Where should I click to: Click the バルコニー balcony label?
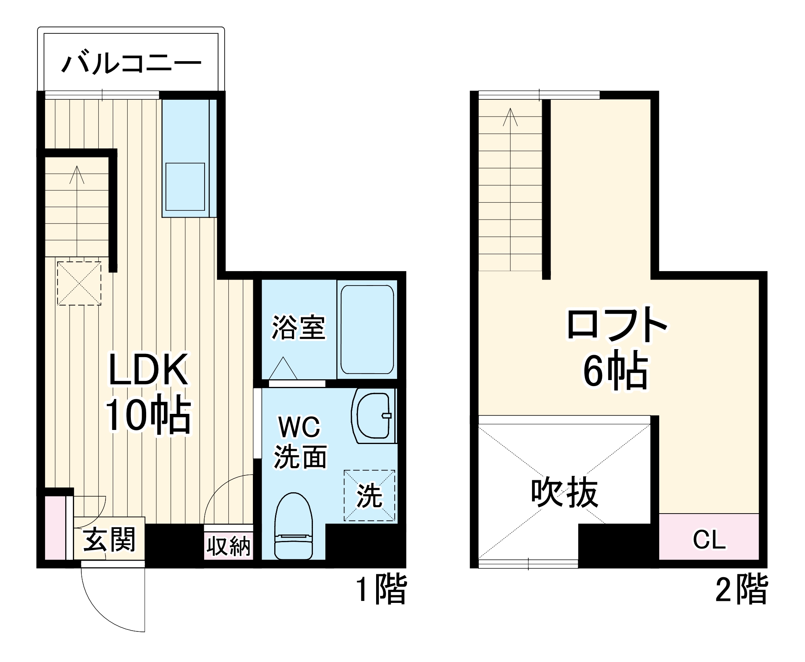pos(131,63)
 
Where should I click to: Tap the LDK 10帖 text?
pos(148,392)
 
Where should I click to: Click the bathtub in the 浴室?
pos(367,329)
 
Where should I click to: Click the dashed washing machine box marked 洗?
pos(369,495)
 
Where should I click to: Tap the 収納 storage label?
pos(228,546)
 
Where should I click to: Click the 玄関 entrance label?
pos(109,539)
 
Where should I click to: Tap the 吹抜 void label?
pos(564,493)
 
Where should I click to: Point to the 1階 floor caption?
pos(381,590)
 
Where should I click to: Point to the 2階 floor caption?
pos(741,590)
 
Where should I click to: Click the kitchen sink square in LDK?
pos(185,187)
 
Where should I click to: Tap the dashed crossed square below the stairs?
pos(79,283)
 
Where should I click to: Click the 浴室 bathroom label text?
pos(298,327)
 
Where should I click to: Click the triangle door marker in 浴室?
pos(283,369)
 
